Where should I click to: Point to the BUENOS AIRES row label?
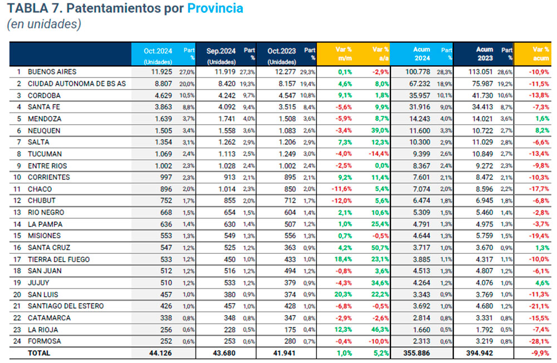tap(52, 72)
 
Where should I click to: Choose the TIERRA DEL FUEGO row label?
tap(58, 259)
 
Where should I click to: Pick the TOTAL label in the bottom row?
tap(39, 353)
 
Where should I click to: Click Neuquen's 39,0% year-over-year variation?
tap(379, 130)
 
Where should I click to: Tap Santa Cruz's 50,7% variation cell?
tap(379, 248)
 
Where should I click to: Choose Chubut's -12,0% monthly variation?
tap(343, 200)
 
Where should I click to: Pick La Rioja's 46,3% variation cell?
tap(379, 330)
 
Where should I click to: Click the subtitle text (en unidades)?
tap(45, 24)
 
